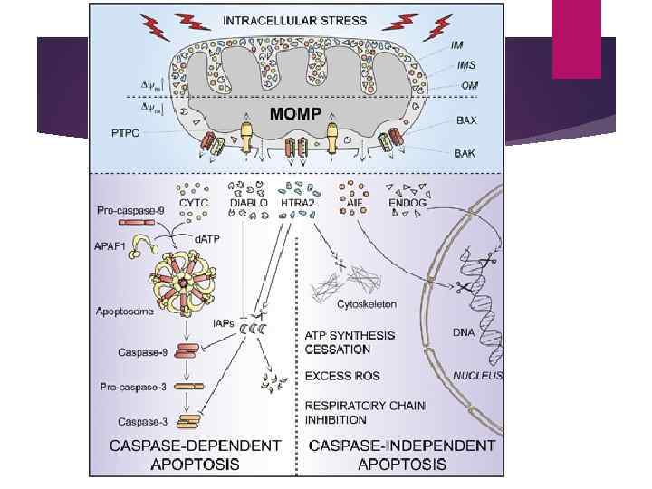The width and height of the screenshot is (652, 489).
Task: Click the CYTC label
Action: pyautogui.click(x=194, y=204)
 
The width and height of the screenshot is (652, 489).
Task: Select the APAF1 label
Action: pyautogui.click(x=114, y=244)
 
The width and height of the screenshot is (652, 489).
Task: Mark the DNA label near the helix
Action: pyautogui.click(x=465, y=332)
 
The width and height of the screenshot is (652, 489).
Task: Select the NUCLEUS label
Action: pyautogui.click(x=477, y=376)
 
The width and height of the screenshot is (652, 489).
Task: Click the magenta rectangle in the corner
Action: pyautogui.click(x=577, y=39)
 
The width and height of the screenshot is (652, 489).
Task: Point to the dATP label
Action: pyautogui.click(x=207, y=239)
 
